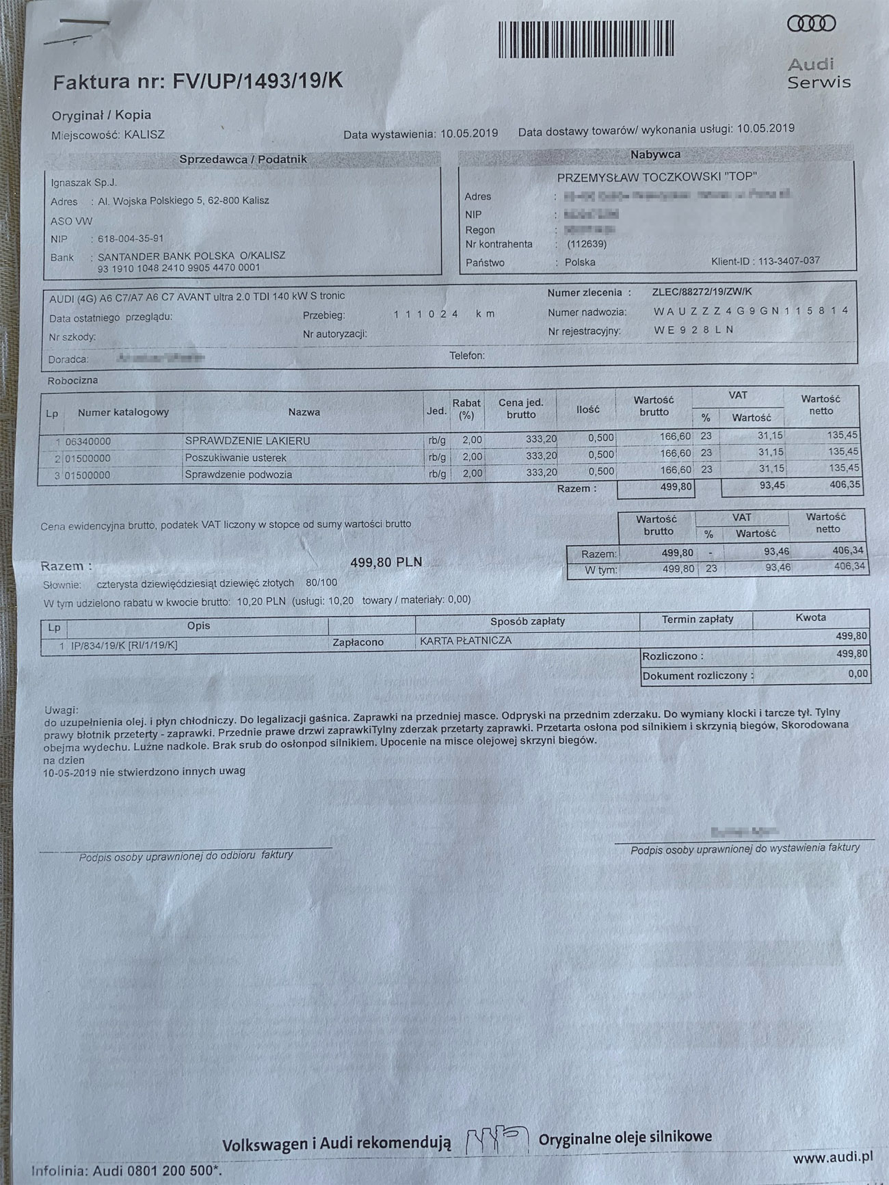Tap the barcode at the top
(586, 39)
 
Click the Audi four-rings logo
(811, 24)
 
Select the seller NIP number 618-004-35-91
(131, 239)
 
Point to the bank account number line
(178, 267)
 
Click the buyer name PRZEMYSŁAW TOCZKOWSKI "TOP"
(656, 177)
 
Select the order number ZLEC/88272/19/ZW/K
(704, 292)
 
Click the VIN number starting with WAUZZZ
(750, 310)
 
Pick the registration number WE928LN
(693, 330)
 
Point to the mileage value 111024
(425, 314)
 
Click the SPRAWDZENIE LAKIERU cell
(247, 441)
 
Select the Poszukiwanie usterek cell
(235, 457)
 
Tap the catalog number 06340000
(88, 442)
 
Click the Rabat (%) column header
(466, 409)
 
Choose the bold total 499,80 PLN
(386, 562)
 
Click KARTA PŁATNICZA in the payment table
(465, 641)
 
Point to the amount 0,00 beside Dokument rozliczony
(858, 674)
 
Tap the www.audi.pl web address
(832, 1158)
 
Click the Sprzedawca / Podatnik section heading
(243, 159)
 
